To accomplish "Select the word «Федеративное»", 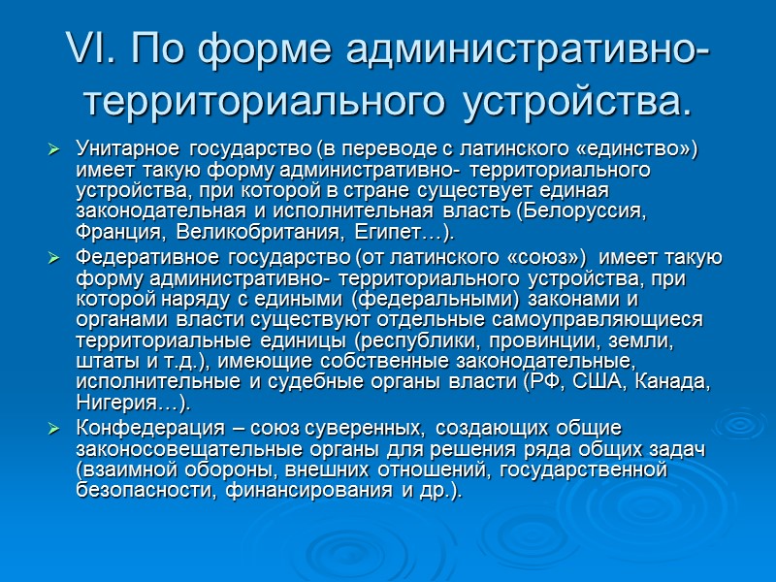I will (x=140, y=257).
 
